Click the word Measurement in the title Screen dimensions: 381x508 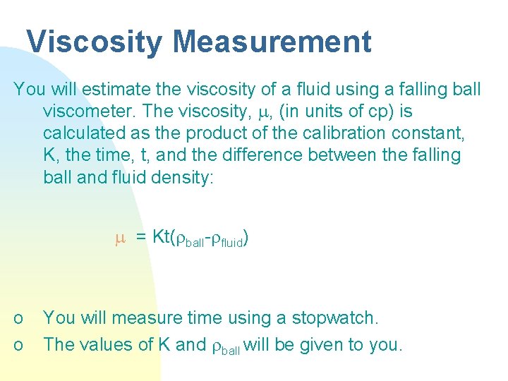click(x=272, y=42)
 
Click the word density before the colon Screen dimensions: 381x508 click(x=180, y=176)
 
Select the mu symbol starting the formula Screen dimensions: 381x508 click(x=119, y=238)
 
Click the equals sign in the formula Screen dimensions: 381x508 click(x=140, y=238)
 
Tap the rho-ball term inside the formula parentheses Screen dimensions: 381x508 click(x=191, y=240)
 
